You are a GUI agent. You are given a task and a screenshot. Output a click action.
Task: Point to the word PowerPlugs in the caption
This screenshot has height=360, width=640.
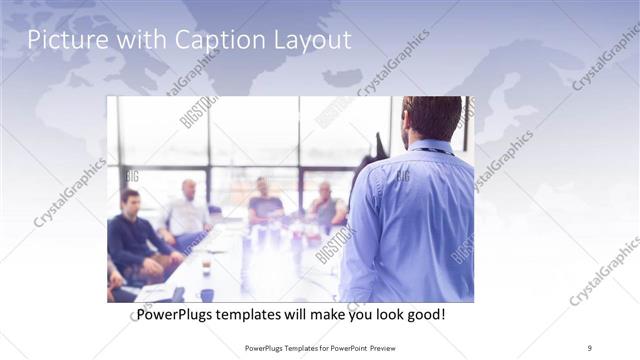point(174,315)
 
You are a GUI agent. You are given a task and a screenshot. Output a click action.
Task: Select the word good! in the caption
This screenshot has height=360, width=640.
point(424,315)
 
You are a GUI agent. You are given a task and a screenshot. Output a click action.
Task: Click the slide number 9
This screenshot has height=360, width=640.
point(590,347)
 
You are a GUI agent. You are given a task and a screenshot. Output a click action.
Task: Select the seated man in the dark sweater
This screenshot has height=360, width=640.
point(131,232)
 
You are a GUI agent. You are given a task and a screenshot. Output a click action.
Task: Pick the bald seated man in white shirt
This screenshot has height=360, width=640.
point(187,212)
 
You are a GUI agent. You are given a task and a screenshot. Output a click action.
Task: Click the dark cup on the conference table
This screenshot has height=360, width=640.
point(207,294)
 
